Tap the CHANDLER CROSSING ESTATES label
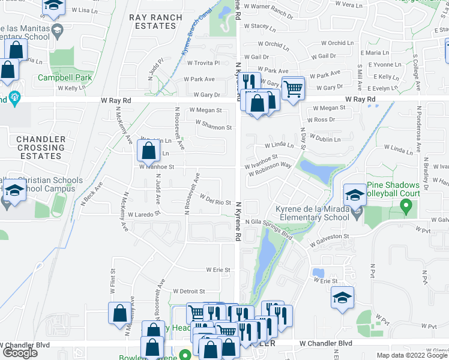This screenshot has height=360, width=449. [x=40, y=148]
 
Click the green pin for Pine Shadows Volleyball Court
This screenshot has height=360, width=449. [x=406, y=208]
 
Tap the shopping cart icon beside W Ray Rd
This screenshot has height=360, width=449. [x=293, y=89]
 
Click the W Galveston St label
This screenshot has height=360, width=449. [x=330, y=240]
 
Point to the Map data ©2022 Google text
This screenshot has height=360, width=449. [x=412, y=355]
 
